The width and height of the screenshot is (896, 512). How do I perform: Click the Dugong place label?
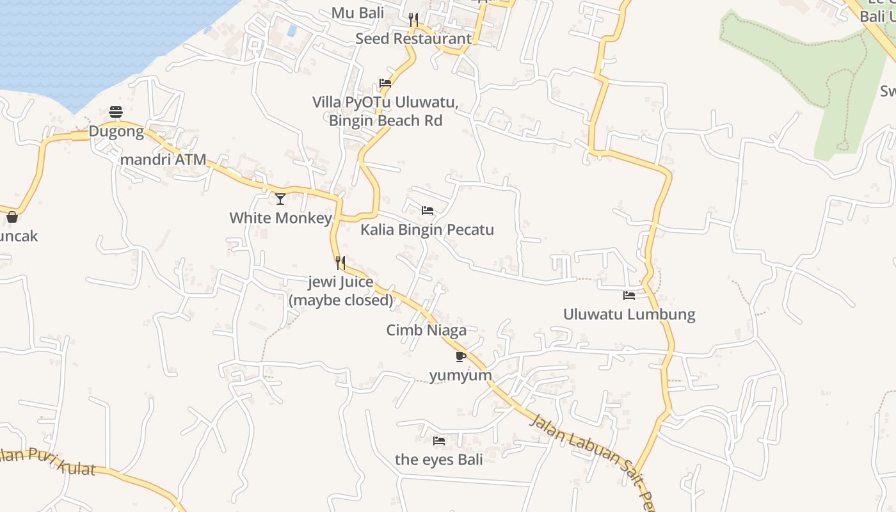(x=116, y=132)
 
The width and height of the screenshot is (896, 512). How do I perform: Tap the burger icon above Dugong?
(x=116, y=113)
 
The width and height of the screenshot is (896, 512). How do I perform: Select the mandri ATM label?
(x=163, y=159)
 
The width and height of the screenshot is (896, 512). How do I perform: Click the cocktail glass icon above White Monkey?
(x=280, y=199)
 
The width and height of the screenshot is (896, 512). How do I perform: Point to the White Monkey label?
(x=280, y=218)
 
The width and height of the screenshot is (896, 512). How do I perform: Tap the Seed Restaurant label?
(x=413, y=38)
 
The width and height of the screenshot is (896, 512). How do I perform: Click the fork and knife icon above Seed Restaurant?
(x=413, y=20)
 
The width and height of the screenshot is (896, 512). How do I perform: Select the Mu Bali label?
(x=357, y=13)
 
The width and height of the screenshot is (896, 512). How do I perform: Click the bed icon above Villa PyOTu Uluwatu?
(x=385, y=83)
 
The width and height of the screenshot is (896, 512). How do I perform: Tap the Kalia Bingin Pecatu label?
(x=427, y=230)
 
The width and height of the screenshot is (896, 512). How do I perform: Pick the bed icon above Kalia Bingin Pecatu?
(x=427, y=211)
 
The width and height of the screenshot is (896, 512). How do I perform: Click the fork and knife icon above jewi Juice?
(x=340, y=263)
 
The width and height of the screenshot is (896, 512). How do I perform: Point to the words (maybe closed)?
(x=340, y=300)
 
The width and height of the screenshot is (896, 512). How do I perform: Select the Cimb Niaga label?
(x=426, y=330)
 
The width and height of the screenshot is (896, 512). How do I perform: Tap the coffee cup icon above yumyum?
(x=460, y=356)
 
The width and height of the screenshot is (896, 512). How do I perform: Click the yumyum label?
(x=460, y=376)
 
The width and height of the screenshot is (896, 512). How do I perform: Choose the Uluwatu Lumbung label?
(x=628, y=314)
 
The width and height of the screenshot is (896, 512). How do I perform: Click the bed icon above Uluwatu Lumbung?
(x=629, y=296)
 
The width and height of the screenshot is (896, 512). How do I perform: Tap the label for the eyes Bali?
(x=438, y=460)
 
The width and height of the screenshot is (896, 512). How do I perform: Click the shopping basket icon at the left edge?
(x=12, y=217)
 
